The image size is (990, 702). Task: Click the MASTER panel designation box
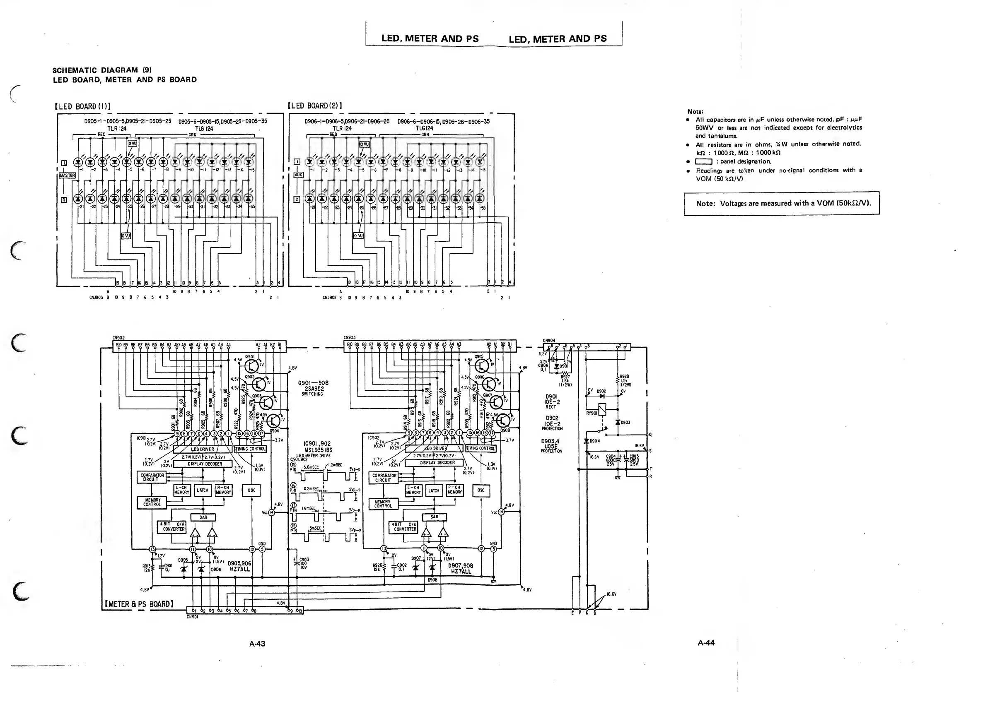click(68, 175)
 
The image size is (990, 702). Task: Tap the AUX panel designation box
click(298, 175)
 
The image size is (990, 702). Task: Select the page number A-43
click(257, 644)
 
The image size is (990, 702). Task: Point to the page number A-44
click(706, 643)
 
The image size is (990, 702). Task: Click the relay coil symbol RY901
click(601, 409)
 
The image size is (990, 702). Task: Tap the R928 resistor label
click(624, 377)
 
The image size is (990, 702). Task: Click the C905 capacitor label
click(634, 456)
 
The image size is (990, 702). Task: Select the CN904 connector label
click(549, 341)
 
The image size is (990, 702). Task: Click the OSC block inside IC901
click(252, 490)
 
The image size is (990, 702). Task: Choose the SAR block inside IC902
click(435, 517)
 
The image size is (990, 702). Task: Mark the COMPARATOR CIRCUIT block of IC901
click(152, 477)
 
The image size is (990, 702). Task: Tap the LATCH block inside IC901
click(203, 490)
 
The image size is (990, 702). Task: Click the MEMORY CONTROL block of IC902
click(383, 504)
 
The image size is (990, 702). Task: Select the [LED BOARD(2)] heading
click(315, 106)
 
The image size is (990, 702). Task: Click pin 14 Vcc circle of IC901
click(272, 513)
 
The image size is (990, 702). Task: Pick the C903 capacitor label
click(304, 559)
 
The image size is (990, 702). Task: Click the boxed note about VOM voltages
click(782, 203)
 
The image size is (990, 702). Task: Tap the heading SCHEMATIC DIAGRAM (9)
click(101, 70)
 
